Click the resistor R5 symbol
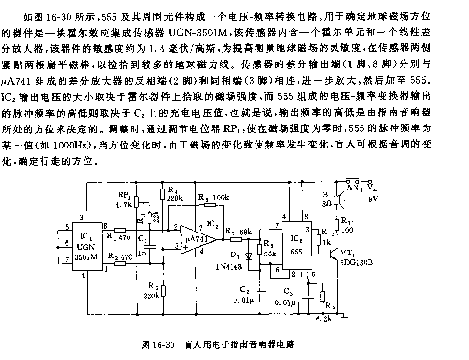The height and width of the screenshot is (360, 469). (163, 291)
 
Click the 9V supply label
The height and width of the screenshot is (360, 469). (373, 198)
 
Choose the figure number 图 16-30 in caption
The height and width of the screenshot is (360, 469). (158, 345)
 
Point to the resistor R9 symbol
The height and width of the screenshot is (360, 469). (323, 296)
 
